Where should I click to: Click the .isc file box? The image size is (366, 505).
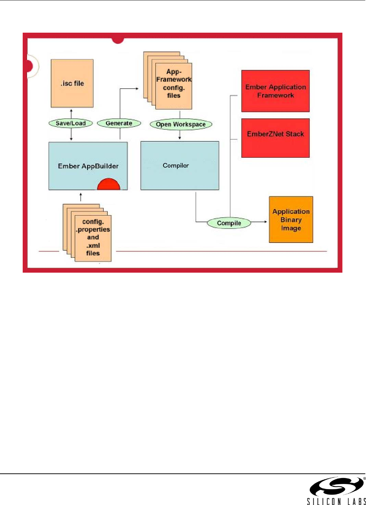click(x=72, y=83)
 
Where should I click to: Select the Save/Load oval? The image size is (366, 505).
click(x=71, y=123)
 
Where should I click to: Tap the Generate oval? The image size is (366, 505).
click(x=119, y=123)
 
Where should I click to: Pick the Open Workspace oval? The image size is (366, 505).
click(x=181, y=124)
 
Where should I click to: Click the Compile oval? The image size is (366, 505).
click(x=229, y=223)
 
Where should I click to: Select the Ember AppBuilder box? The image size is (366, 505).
click(x=88, y=166)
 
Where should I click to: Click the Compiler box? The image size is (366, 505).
click(x=179, y=165)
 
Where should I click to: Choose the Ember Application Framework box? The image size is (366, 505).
click(x=275, y=91)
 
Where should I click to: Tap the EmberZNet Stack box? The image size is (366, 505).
click(x=275, y=138)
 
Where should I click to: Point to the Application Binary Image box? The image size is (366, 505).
click(x=291, y=219)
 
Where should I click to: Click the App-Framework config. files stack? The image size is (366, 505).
click(x=173, y=86)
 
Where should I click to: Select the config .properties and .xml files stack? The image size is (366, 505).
click(x=93, y=237)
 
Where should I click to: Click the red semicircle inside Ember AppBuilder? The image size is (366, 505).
click(x=109, y=185)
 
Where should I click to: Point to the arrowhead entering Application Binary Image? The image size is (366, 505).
click(x=265, y=222)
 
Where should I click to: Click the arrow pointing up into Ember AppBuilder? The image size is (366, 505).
click(x=81, y=196)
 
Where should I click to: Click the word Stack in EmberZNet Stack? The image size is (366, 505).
click(x=295, y=134)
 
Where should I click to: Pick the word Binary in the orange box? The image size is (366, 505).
click(x=291, y=220)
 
